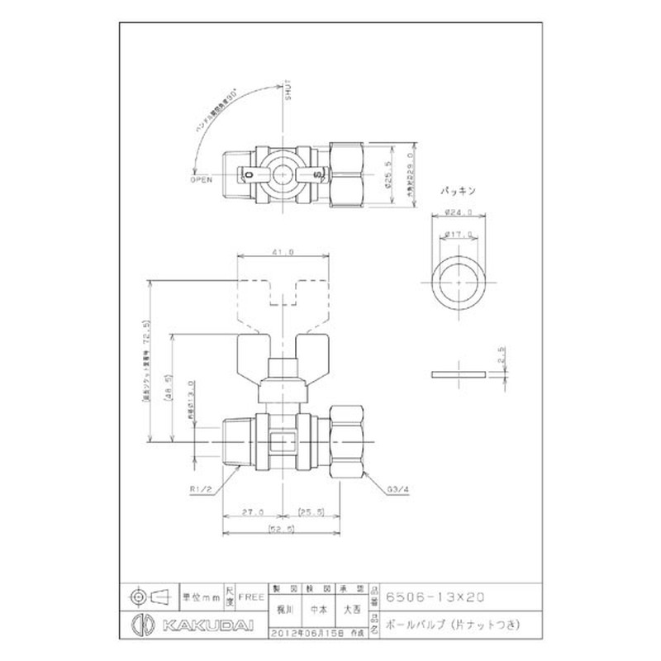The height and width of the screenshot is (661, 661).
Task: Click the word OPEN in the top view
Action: coord(202,178)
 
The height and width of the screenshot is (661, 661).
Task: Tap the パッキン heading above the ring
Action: coord(459,191)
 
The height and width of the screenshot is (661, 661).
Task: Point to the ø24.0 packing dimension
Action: coord(459,212)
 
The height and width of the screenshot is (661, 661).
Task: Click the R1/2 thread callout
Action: coord(201,489)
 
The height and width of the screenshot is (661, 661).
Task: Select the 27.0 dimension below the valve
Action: coord(254,511)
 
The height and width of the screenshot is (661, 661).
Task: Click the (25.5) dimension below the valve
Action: coord(311,511)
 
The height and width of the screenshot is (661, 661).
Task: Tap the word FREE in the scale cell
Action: coord(250,595)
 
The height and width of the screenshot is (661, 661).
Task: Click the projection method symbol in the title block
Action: coord(150,595)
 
